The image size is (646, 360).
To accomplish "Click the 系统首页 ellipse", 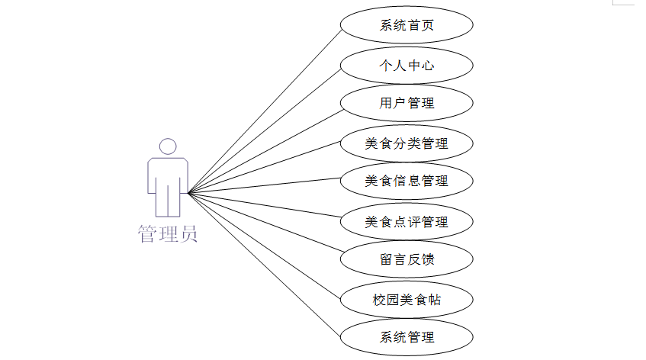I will pyautogui.click(x=407, y=25).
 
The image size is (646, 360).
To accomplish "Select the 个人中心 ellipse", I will pyautogui.click(x=407, y=65).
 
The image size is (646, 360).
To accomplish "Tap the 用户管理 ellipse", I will pyautogui.click(x=407, y=103).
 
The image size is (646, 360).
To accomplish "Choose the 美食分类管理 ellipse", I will pyautogui.click(x=407, y=143).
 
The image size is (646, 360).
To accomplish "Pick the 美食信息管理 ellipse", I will pyautogui.click(x=407, y=181).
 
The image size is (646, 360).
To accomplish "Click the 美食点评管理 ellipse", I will pyautogui.click(x=407, y=222).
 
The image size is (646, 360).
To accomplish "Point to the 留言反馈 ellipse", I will pyautogui.click(x=407, y=259).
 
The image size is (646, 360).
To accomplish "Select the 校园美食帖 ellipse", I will pyautogui.click(x=407, y=300).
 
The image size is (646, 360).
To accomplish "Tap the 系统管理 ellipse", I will pyautogui.click(x=407, y=337).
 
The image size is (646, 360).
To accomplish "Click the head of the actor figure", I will pyautogui.click(x=168, y=146).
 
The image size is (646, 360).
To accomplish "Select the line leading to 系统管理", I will pyautogui.click(x=264, y=265).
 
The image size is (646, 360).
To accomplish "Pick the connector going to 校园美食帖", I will pyautogui.click(x=264, y=245).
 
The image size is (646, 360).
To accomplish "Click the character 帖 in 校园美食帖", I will pyautogui.click(x=434, y=300).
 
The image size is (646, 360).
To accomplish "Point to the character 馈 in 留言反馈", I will pyautogui.click(x=428, y=259).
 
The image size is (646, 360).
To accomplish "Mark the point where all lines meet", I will pyautogui.click(x=188, y=193).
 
